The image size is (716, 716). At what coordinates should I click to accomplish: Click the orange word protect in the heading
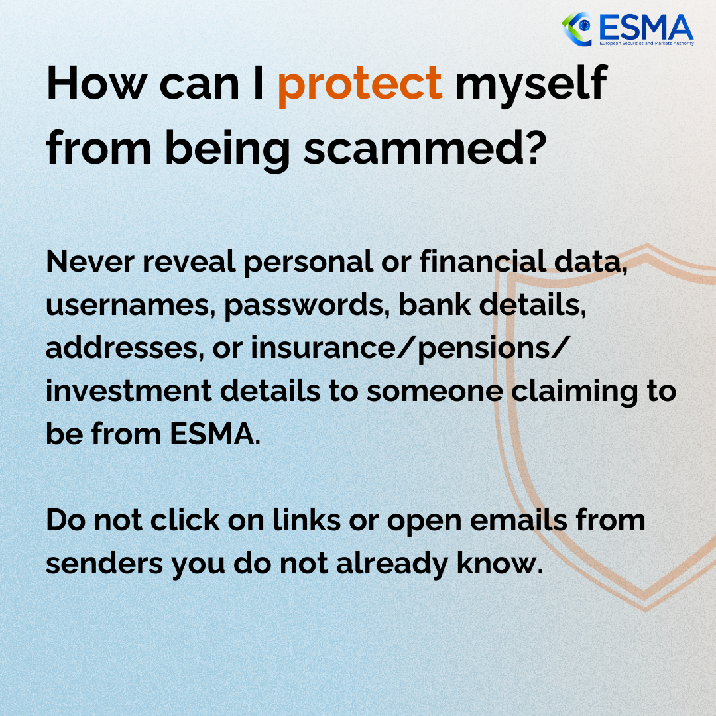click(360, 86)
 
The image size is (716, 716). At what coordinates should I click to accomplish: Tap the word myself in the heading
click(532, 86)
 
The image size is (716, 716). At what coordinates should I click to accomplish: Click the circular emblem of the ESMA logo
click(577, 29)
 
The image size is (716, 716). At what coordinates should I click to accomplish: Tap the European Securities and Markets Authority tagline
click(646, 43)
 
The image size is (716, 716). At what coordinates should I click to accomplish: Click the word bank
click(434, 304)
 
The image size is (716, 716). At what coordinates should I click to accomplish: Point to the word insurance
click(323, 348)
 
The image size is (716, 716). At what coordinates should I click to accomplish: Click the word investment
click(129, 391)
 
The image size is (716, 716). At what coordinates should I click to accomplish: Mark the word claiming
click(574, 392)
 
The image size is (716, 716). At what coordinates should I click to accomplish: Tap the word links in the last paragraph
click(306, 520)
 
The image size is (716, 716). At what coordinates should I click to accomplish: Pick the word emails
click(518, 520)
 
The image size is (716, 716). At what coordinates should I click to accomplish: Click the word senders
click(104, 564)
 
